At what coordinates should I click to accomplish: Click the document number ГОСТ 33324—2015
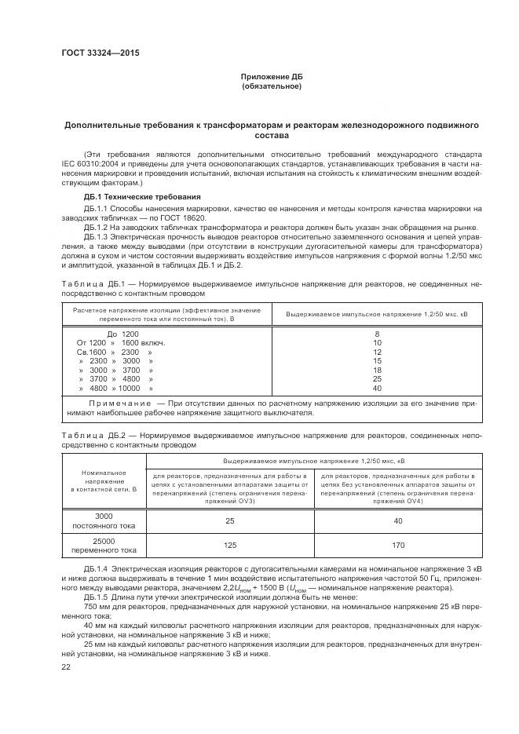[96, 54]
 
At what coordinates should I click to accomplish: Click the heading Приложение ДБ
[272, 76]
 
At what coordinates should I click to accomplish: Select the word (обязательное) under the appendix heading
[272, 86]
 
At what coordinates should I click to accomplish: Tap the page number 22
[66, 666]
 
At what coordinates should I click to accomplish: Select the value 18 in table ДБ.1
[377, 370]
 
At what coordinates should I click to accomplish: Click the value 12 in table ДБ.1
[377, 352]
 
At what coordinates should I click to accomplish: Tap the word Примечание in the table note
[119, 402]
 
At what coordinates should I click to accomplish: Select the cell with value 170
[398, 545]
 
